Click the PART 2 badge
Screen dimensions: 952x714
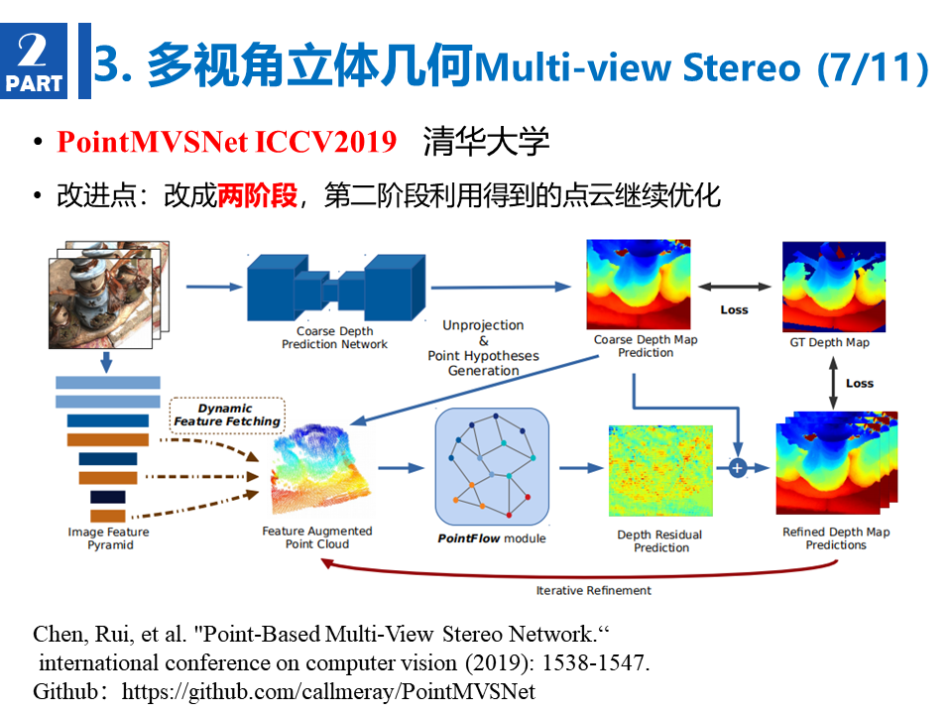(34, 60)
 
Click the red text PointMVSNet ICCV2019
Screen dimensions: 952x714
(226, 142)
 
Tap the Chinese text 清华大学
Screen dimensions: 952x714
(486, 142)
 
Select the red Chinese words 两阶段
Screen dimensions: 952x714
(258, 195)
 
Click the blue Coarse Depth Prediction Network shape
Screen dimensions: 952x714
(336, 288)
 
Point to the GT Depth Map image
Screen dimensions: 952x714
(834, 287)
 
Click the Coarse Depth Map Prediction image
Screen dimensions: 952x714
(638, 285)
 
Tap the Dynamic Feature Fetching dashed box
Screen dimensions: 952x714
(227, 416)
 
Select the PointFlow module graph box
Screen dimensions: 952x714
(493, 466)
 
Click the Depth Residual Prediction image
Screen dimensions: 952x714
(660, 470)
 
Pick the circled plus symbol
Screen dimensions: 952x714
(737, 468)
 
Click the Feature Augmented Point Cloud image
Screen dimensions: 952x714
(320, 467)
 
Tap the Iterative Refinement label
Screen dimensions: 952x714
(593, 590)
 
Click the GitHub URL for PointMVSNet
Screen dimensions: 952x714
(328, 691)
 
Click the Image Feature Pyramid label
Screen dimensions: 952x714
(109, 538)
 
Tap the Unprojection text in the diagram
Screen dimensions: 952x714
(483, 325)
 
